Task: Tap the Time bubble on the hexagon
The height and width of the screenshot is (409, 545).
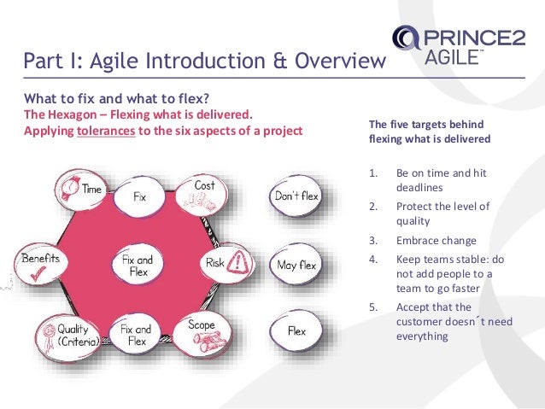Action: [80, 190]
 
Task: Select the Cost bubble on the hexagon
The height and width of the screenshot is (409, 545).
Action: [202, 193]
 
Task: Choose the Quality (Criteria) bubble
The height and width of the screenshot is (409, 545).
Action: [70, 333]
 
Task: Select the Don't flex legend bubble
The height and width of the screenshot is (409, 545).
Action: [296, 196]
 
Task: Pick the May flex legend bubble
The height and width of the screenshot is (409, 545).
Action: [296, 265]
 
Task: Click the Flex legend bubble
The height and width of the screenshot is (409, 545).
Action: [296, 331]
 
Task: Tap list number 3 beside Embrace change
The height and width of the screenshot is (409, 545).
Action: [372, 240]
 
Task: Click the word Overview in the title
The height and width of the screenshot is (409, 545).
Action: [341, 61]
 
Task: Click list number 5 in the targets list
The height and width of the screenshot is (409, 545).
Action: [372, 307]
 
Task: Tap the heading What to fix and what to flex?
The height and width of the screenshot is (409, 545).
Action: [115, 97]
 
